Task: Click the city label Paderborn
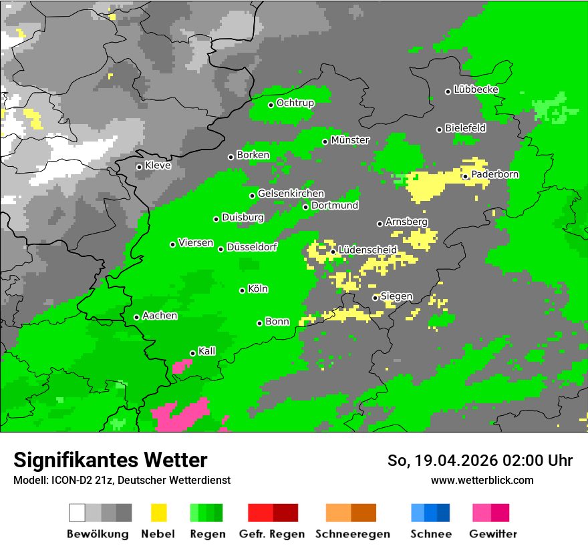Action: (x=495, y=175)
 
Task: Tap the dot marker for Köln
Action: (x=242, y=290)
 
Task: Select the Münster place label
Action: (x=350, y=140)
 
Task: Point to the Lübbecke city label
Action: (x=476, y=89)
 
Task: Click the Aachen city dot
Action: (x=136, y=317)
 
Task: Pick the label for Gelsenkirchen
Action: (x=291, y=194)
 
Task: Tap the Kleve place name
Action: (x=158, y=166)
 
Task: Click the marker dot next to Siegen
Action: (x=375, y=298)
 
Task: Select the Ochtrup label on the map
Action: (x=295, y=103)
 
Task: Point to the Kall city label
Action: (x=207, y=351)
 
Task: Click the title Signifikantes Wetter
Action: (x=110, y=460)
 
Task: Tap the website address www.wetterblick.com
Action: (x=482, y=480)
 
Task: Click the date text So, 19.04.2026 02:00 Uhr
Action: (x=480, y=461)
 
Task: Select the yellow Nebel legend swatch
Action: (x=158, y=513)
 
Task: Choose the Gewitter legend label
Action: (x=492, y=534)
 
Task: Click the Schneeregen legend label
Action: (x=351, y=534)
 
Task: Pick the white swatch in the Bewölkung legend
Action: (x=78, y=513)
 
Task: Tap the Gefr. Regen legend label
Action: (x=272, y=534)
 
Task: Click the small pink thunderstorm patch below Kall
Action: (x=180, y=366)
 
